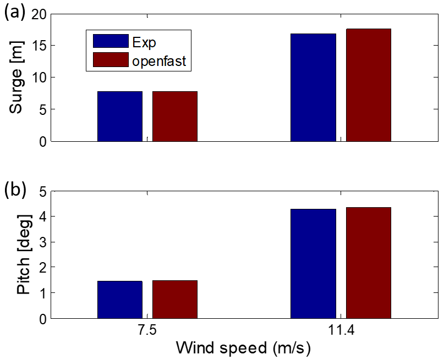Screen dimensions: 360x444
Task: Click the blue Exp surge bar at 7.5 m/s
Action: [x=120, y=117]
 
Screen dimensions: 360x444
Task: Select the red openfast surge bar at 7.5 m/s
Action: [x=175, y=117]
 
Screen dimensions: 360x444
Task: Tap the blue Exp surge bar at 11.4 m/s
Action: [x=313, y=87]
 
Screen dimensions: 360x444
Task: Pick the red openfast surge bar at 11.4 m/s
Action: [x=368, y=85]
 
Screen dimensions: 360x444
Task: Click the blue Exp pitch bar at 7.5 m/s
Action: [x=120, y=300]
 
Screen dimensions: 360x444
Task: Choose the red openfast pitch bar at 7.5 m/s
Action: [x=175, y=300]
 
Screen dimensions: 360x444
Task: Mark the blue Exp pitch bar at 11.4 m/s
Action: [x=313, y=264]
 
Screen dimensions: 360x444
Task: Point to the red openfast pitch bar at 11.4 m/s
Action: [x=368, y=263]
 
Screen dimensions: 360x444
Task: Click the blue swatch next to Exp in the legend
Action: [x=111, y=41]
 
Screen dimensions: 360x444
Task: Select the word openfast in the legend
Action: [x=160, y=61]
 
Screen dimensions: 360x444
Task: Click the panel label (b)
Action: [x=15, y=189]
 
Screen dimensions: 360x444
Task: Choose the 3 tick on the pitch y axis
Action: [x=42, y=242]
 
